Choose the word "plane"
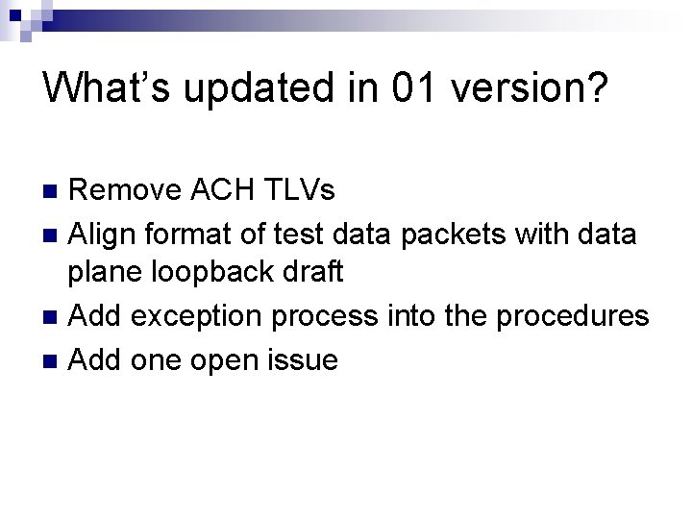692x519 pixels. click(107, 273)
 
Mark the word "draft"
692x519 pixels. click(312, 273)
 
